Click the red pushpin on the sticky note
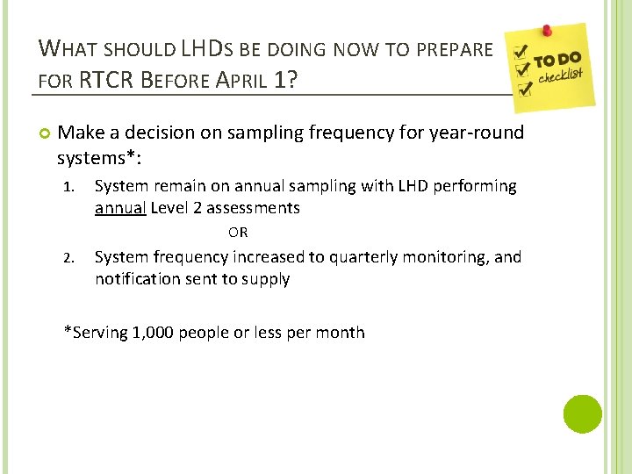click(546, 31)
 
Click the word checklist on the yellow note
click(561, 77)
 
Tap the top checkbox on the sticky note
click(521, 50)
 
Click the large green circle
click(582, 413)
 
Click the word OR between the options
click(238, 233)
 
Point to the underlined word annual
click(120, 209)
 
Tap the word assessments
click(255, 209)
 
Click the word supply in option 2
click(267, 280)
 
